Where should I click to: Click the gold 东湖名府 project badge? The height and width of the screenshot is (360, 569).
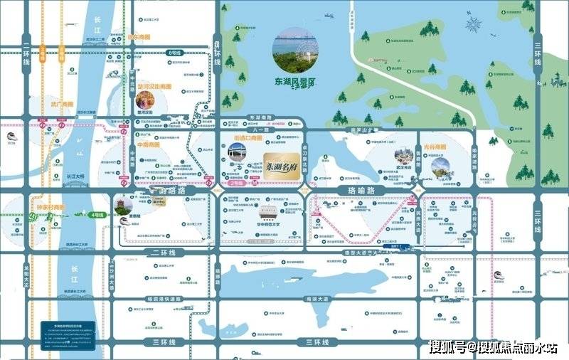(x=282, y=163)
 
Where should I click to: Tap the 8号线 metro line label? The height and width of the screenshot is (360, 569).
(x=174, y=53)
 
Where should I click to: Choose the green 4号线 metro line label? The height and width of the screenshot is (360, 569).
(x=97, y=213)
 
